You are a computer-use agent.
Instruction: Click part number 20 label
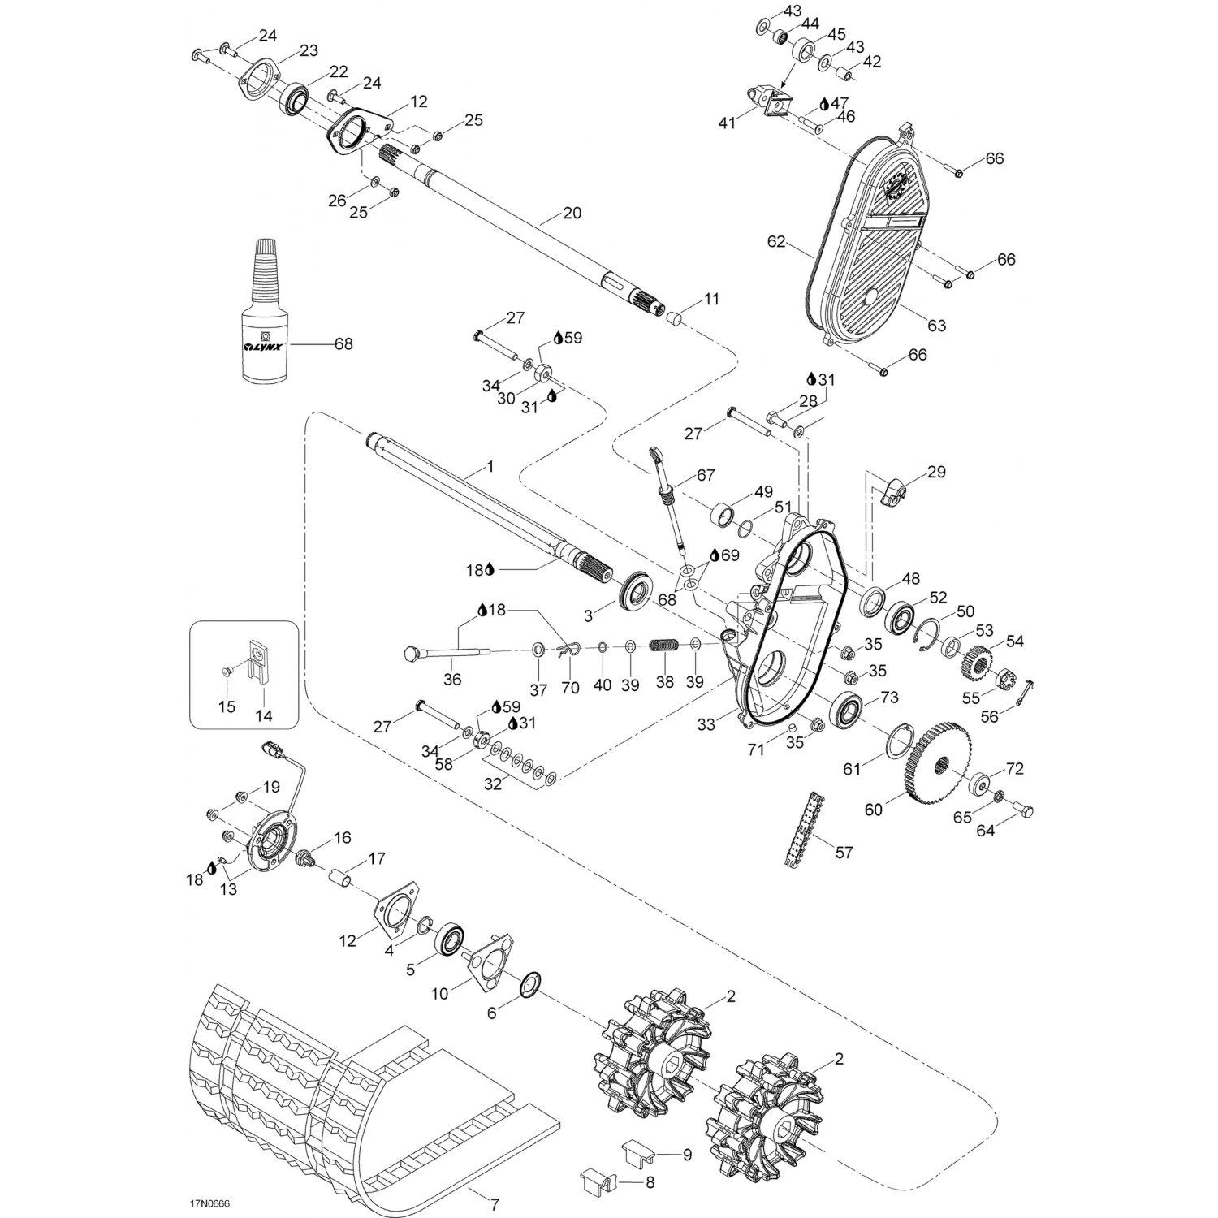pos(572,214)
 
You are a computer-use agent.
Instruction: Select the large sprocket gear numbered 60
pos(935,762)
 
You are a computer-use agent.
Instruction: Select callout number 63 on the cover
pos(937,326)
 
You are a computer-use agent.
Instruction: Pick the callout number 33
pos(706,724)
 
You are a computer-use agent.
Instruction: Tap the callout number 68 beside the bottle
pos(343,344)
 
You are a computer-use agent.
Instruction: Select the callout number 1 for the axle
pos(490,468)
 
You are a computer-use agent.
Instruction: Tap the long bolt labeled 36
pos(446,652)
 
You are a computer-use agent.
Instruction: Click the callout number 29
pos(936,473)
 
